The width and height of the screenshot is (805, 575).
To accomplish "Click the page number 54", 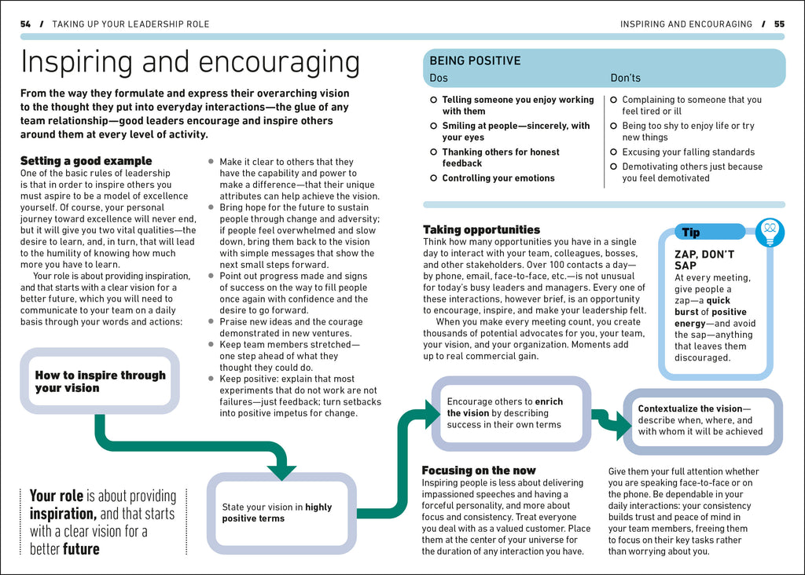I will pyautogui.click(x=25, y=24).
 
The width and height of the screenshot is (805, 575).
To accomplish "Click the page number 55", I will pyautogui.click(x=779, y=24).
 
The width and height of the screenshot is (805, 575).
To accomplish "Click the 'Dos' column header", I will pyautogui.click(x=439, y=78).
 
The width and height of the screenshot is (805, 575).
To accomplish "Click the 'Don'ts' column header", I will pyautogui.click(x=626, y=78).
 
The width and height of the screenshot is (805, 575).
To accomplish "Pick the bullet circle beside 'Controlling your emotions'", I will pyautogui.click(x=433, y=178).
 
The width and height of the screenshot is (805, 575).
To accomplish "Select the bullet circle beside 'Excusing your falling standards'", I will pyautogui.click(x=614, y=152).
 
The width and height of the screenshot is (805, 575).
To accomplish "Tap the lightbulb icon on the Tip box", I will pyautogui.click(x=770, y=232).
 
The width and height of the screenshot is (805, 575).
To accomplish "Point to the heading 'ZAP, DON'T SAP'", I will pyautogui.click(x=704, y=260).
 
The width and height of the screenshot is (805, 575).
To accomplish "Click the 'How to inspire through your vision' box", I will pyautogui.click(x=100, y=381).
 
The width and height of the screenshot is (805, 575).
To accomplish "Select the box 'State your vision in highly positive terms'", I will pyautogui.click(x=281, y=513).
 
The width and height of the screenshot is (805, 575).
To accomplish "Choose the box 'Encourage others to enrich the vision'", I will pyautogui.click(x=510, y=413).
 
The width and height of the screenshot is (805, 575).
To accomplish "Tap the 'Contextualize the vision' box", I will pyautogui.click(x=702, y=420).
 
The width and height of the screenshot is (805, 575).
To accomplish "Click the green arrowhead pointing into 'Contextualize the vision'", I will pyautogui.click(x=622, y=427).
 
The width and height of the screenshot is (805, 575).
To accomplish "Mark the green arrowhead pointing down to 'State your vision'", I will pyautogui.click(x=281, y=471).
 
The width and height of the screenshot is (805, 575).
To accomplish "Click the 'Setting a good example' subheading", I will pyautogui.click(x=75, y=161).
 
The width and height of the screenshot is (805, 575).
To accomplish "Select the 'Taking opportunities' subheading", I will pyautogui.click(x=481, y=229).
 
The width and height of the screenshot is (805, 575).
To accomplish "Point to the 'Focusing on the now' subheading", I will pyautogui.click(x=479, y=470).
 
